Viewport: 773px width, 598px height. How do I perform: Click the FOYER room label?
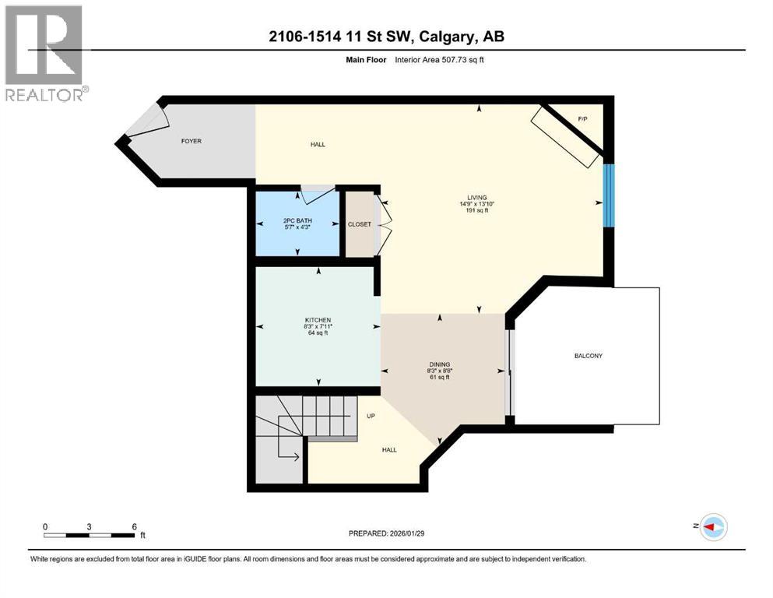[x=191, y=141]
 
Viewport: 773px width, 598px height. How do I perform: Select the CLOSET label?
[x=359, y=224]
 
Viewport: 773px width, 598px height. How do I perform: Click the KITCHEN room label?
[x=318, y=320]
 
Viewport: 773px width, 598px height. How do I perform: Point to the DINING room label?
[x=440, y=364]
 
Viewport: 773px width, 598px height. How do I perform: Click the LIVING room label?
[x=477, y=198]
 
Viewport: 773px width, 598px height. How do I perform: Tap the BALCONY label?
[x=589, y=356]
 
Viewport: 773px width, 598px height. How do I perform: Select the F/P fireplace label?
[x=582, y=118]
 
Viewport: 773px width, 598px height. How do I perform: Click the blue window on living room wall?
[x=609, y=195]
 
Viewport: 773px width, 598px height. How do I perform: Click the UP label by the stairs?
[x=371, y=416]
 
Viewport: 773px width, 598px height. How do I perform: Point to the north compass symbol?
[x=712, y=527]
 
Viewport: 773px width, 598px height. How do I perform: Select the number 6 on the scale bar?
[x=135, y=526]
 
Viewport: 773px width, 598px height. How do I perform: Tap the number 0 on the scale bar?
[x=45, y=526]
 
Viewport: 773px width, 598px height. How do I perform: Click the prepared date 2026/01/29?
[x=415, y=533]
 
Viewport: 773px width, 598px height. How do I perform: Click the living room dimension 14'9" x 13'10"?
[x=477, y=204]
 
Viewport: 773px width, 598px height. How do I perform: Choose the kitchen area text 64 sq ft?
[x=318, y=332]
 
